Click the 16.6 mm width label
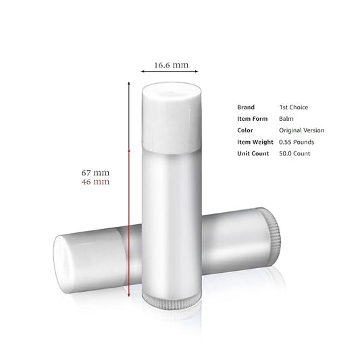coord(172,65)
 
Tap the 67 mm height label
coord(95,172)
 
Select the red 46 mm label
coord(95,182)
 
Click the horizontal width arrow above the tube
coord(170,72)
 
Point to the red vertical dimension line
coord(129,223)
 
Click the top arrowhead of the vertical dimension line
coord(129,83)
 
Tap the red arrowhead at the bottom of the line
coord(129,294)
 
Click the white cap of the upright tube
coord(172,118)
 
